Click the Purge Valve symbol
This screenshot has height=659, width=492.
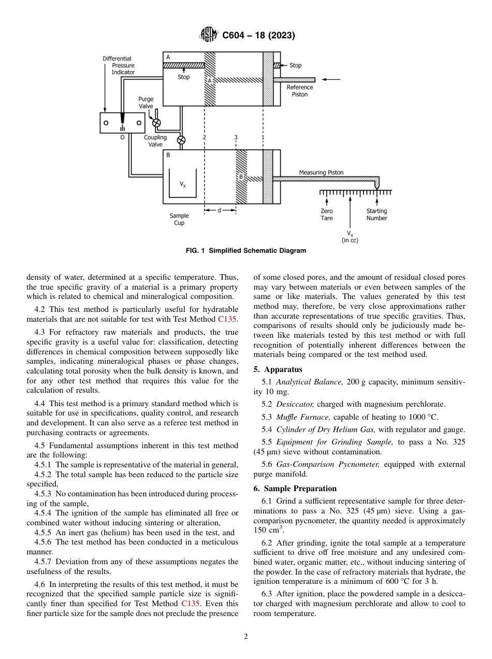click(156, 123)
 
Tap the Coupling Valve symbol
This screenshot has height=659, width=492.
click(181, 140)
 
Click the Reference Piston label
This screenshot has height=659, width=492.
click(300, 91)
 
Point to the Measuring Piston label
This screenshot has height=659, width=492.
click(321, 173)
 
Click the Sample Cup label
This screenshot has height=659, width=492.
click(179, 219)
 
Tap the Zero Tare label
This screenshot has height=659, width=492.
click(326, 214)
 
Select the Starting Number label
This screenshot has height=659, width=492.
click(377, 214)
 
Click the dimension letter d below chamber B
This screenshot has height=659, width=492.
click(220, 210)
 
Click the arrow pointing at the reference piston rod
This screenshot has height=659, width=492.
click(331, 79)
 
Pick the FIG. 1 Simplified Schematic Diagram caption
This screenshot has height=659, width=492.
click(245, 251)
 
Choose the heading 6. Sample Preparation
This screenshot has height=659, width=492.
click(295, 488)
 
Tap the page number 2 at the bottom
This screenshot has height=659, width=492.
click(246, 637)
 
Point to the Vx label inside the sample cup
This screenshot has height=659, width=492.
click(183, 184)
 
